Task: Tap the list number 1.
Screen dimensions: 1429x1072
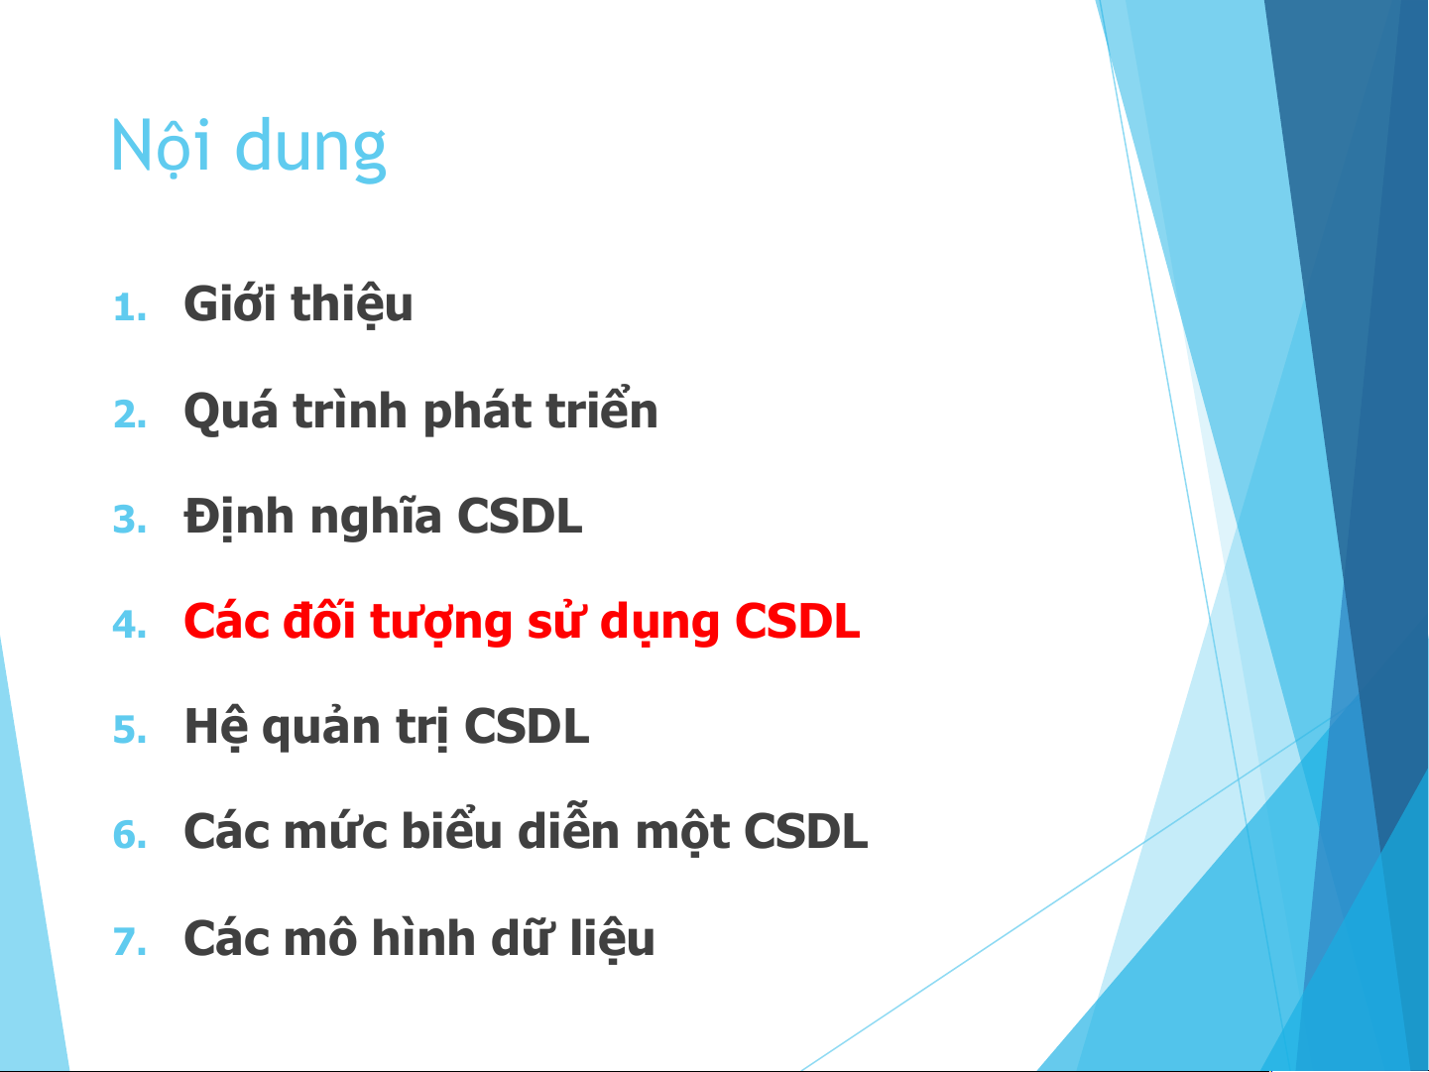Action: (130, 307)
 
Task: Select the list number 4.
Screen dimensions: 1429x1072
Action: (130, 625)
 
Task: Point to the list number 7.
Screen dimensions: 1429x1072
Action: (130, 941)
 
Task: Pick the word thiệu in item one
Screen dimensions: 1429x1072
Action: (352, 305)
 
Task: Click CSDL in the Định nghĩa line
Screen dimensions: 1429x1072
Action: (520, 517)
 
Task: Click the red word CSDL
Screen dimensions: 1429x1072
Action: (797, 621)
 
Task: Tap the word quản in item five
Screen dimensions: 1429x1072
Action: (321, 726)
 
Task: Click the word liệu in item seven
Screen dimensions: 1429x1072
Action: (612, 941)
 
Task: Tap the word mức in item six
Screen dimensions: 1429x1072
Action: (336, 832)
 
